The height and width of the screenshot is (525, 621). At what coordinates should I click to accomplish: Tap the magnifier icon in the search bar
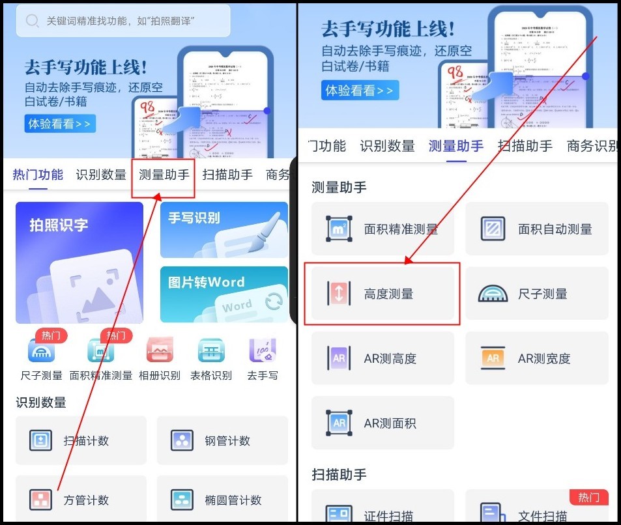32,21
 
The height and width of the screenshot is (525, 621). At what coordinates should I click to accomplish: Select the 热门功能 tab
38,175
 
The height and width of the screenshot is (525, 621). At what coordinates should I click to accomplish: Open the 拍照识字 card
79,262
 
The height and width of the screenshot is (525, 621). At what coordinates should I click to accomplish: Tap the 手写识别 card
224,229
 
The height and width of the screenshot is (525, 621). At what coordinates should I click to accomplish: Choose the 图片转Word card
224,294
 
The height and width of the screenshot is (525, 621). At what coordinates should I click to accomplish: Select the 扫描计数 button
86,441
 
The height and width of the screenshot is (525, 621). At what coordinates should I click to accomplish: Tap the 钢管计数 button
222,441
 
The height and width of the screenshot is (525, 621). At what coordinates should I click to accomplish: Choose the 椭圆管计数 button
222,500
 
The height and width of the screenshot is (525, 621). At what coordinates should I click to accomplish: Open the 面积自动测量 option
536,229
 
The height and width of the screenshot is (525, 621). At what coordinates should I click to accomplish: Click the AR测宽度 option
536,358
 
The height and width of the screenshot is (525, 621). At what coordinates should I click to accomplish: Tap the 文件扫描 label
543,517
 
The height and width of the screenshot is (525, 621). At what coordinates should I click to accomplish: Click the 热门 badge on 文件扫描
588,498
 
